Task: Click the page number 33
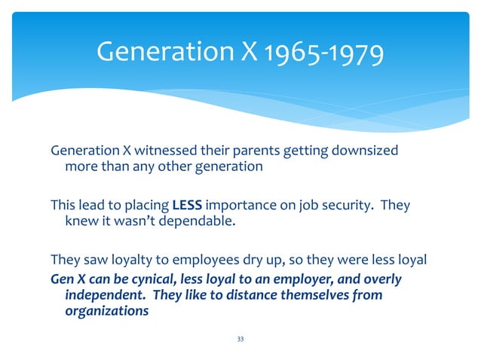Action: pyautogui.click(x=240, y=340)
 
